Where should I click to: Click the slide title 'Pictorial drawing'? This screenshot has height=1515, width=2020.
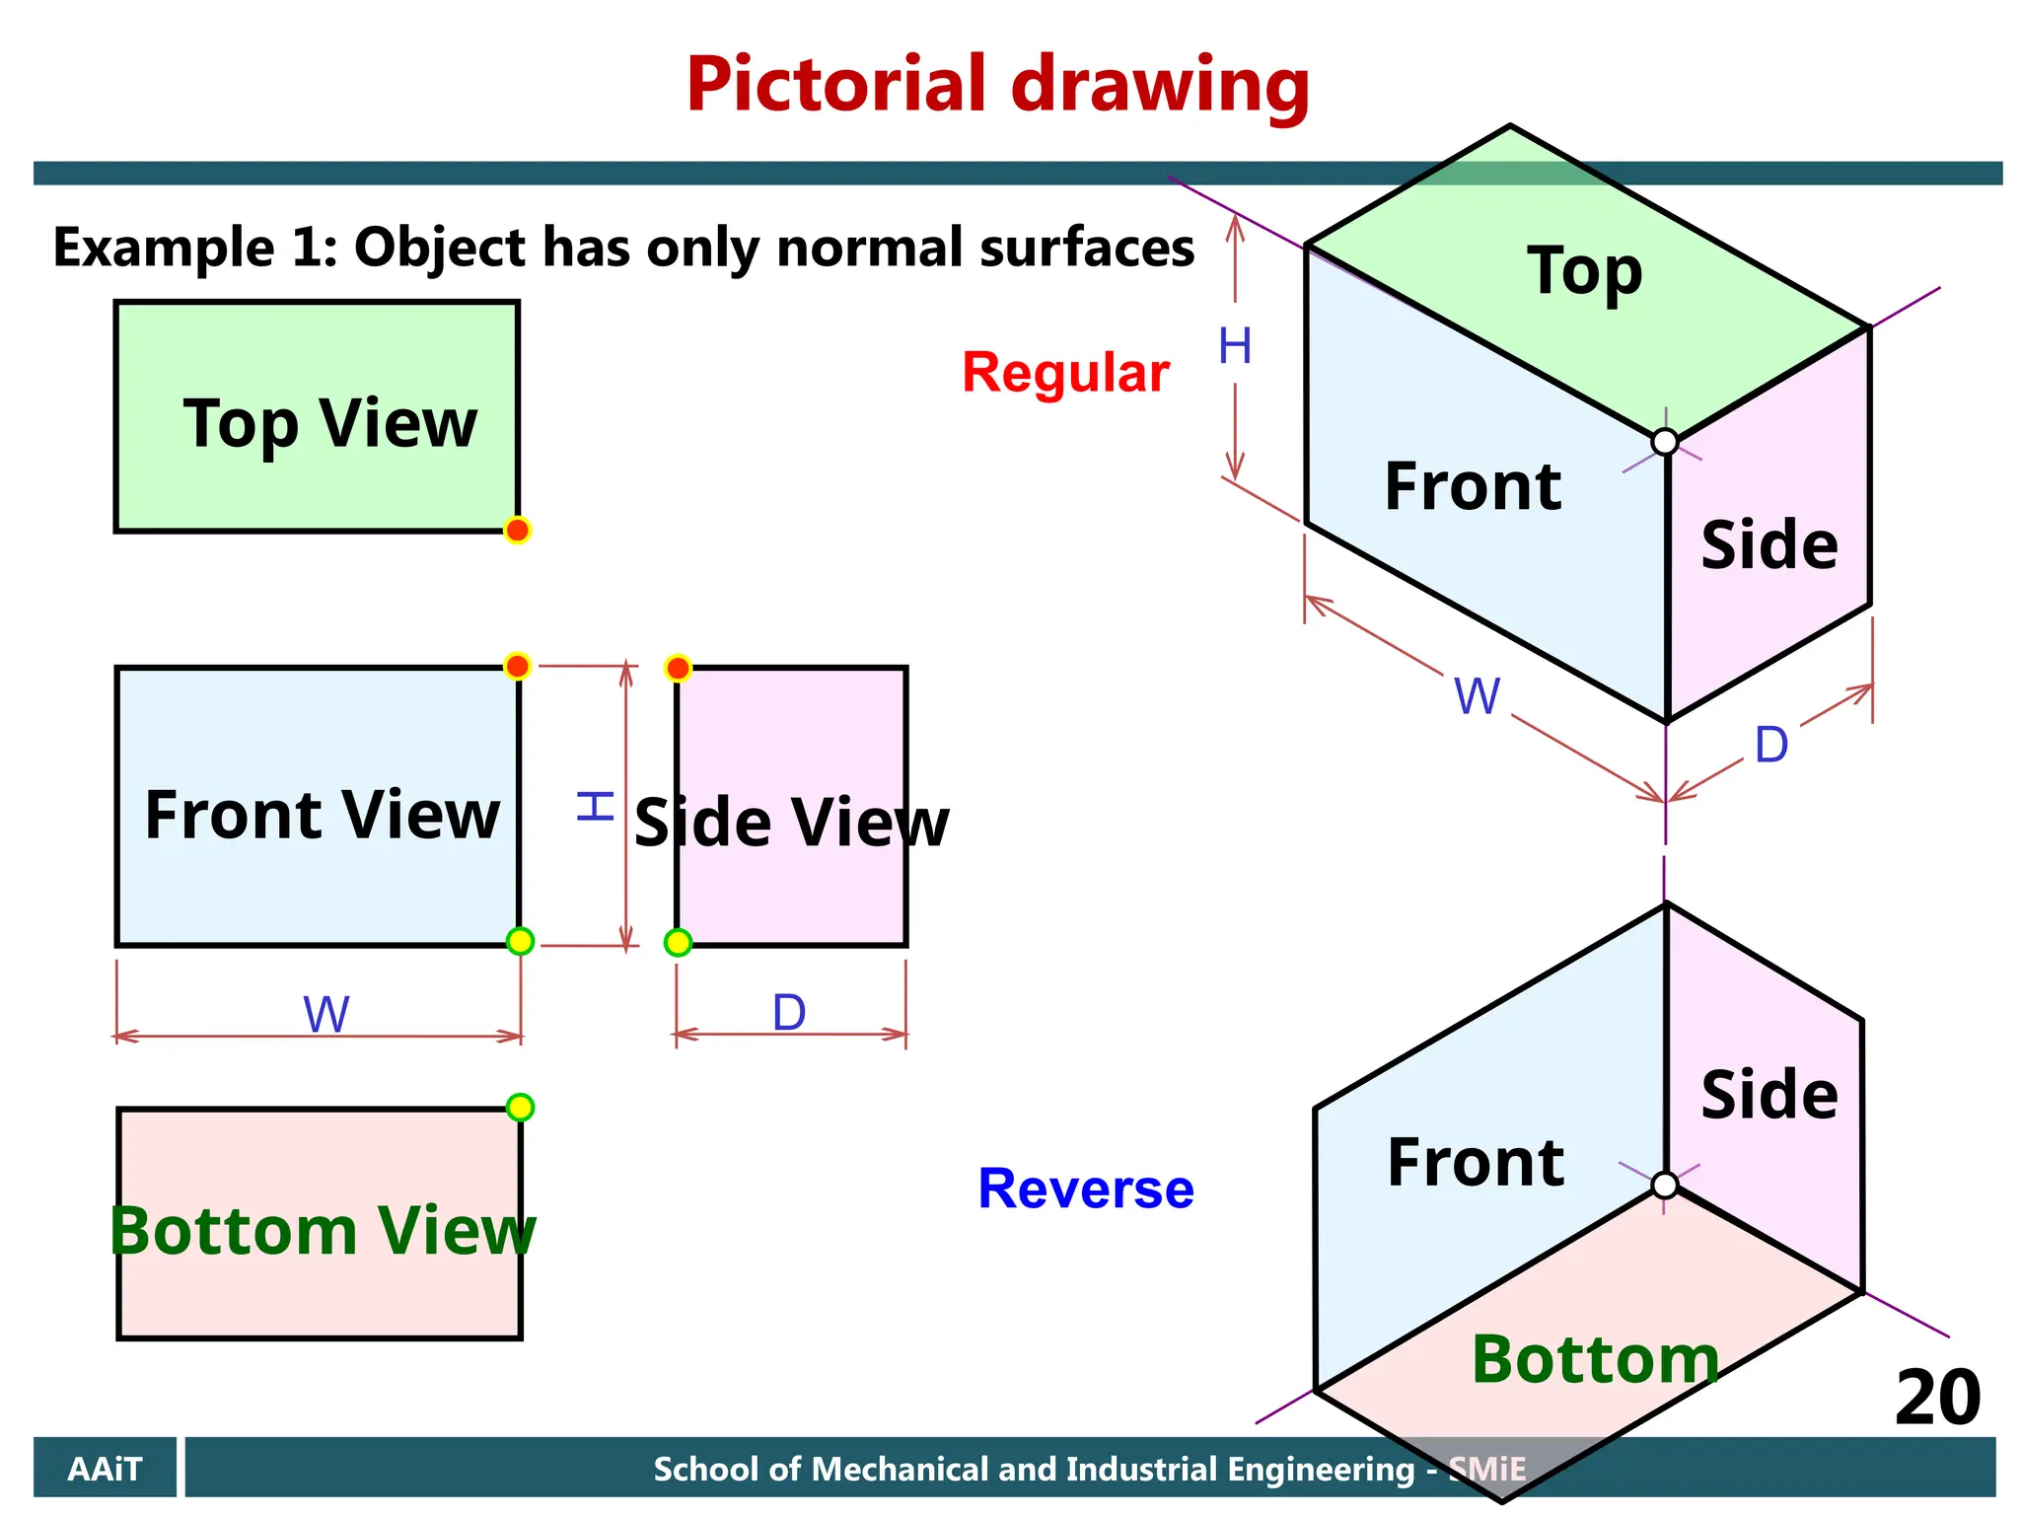[997, 87]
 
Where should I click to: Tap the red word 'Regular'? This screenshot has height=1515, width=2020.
[1065, 373]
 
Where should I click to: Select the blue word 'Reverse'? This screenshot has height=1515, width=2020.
[1085, 1189]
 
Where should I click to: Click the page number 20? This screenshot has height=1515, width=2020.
[1936, 1398]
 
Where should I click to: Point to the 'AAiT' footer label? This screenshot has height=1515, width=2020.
[105, 1469]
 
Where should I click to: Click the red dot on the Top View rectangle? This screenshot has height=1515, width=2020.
[517, 530]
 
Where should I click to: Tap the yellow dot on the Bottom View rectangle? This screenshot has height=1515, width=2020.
[520, 1107]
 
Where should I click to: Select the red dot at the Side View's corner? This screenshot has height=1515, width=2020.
[678, 668]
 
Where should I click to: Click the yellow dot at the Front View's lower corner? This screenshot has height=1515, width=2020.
[520, 941]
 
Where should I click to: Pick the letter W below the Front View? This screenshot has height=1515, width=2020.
[326, 1014]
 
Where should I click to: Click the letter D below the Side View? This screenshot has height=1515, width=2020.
[789, 1012]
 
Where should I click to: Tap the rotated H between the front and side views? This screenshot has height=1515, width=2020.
[596, 806]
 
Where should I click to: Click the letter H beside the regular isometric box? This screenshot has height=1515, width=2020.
[1235, 346]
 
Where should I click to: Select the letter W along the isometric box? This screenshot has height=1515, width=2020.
[1477, 696]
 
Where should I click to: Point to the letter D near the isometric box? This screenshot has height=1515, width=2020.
[1771, 745]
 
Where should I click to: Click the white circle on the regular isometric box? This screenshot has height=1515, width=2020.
[1665, 442]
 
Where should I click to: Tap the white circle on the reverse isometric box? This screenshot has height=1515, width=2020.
[1665, 1185]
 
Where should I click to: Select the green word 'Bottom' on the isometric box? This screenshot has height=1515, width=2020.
[1595, 1359]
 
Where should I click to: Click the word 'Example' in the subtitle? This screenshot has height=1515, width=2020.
[164, 248]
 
